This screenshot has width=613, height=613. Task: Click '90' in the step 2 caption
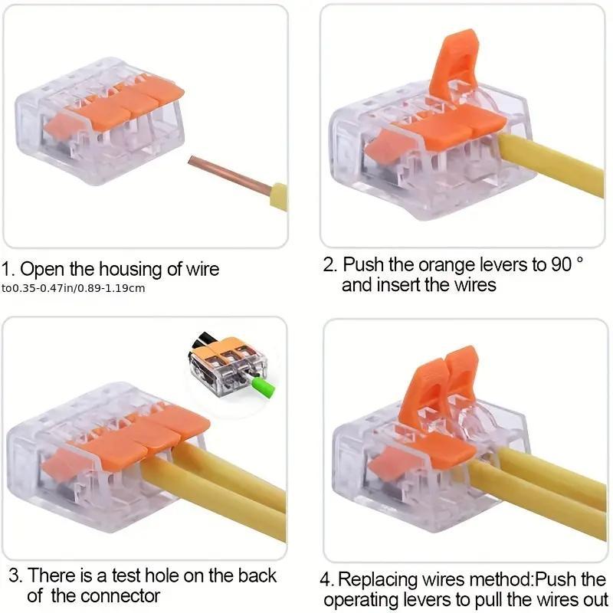(x=563, y=265)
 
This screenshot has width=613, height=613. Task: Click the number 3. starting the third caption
(x=13, y=575)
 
